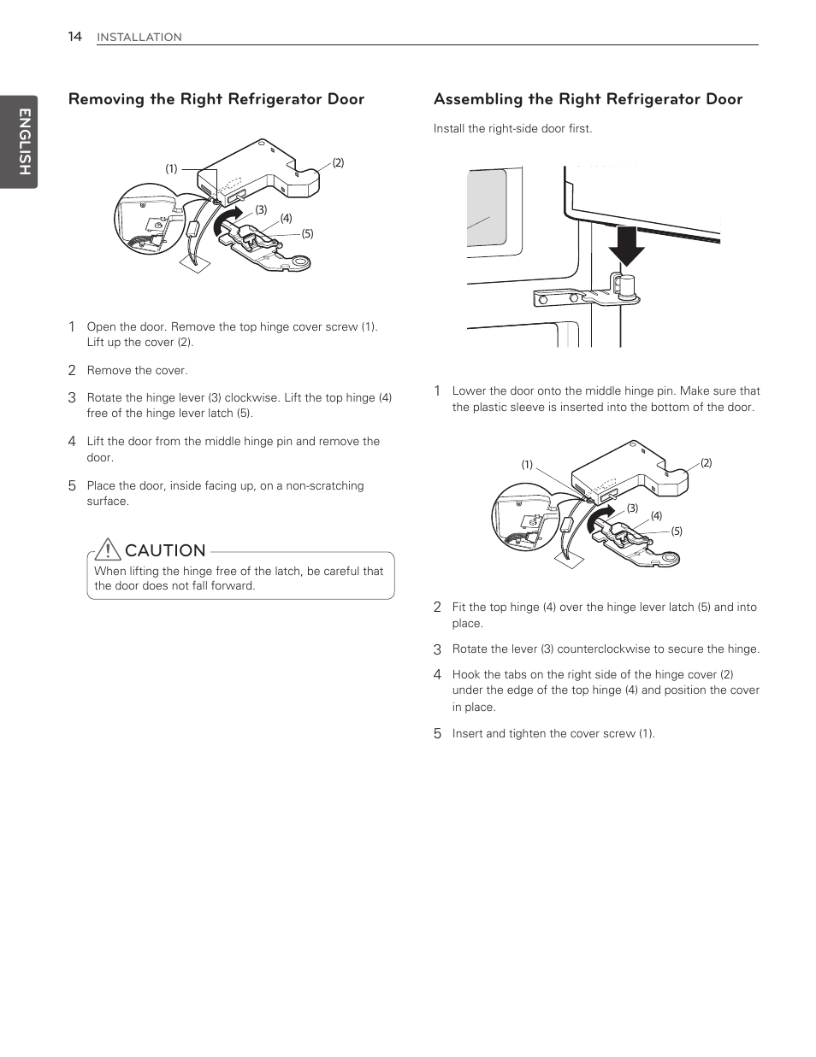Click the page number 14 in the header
(75, 37)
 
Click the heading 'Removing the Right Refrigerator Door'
(216, 99)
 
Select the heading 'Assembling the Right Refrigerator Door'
(588, 99)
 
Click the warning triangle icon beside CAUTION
(108, 549)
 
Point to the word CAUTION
(165, 550)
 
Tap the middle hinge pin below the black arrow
(626, 285)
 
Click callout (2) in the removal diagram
(338, 163)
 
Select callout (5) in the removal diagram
(307, 234)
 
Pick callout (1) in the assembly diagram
(528, 465)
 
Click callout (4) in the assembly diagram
(656, 516)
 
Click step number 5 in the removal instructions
(73, 485)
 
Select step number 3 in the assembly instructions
(437, 649)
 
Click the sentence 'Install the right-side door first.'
(512, 129)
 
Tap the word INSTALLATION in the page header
(139, 38)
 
